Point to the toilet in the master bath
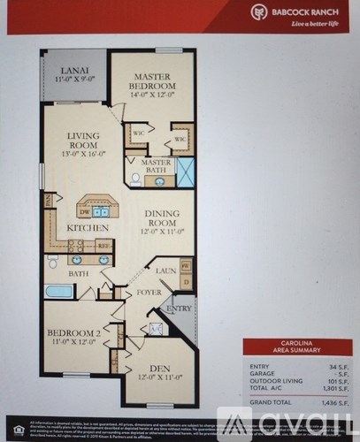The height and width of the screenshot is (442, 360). tap(136, 179)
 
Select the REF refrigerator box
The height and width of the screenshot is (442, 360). tap(103, 246)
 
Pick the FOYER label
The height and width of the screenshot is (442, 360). tap(147, 292)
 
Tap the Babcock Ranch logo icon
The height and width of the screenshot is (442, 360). tap(258, 12)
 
